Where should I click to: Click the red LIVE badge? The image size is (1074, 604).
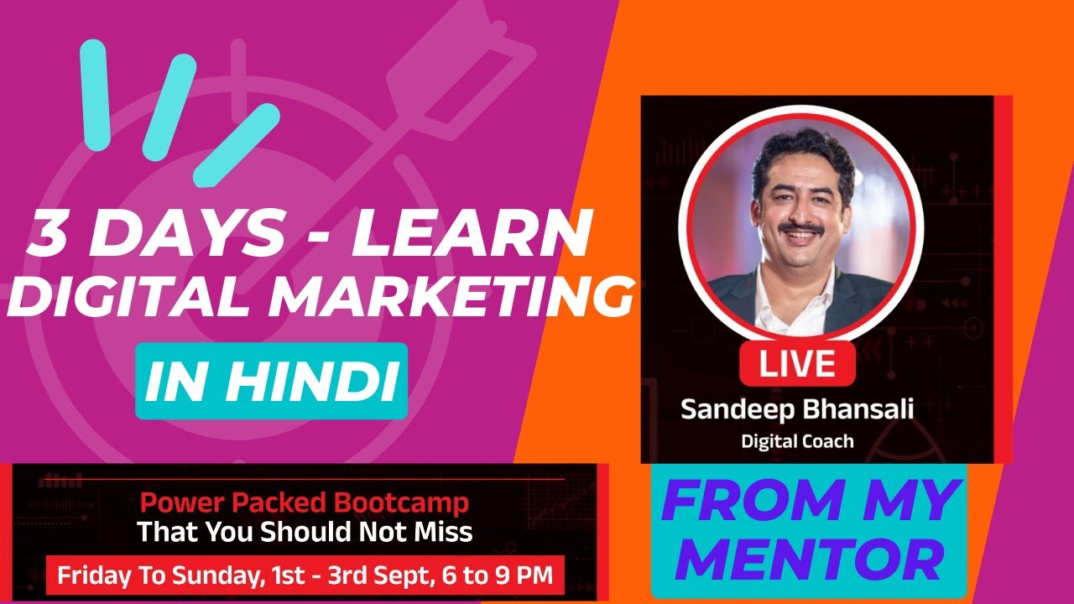[x=797, y=363]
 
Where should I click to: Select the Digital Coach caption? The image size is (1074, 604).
[x=797, y=440]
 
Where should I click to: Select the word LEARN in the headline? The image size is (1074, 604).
[x=470, y=237]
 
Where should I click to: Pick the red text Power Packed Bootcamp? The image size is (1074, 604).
[x=304, y=503]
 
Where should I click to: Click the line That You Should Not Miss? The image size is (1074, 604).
[x=304, y=532]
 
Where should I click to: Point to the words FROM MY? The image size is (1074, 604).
[x=807, y=502]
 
